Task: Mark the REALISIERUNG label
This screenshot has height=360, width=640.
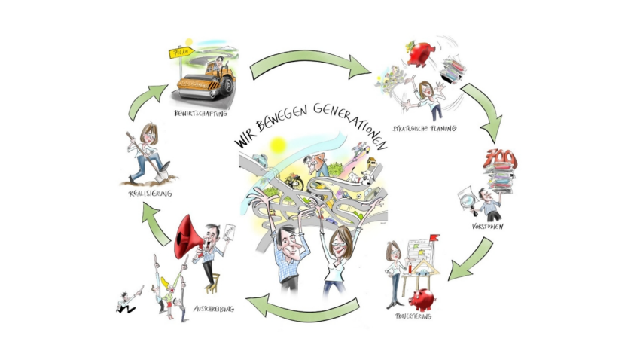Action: [150, 194]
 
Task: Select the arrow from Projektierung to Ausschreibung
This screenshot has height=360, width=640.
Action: [302, 305]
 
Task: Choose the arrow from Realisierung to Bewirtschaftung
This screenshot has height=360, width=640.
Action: [146, 101]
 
